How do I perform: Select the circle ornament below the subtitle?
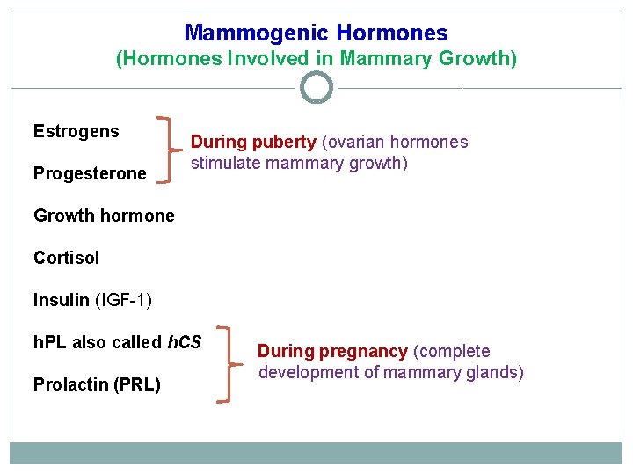tap(316, 87)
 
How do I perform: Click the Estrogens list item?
tap(76, 132)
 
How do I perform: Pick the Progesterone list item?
tap(90, 173)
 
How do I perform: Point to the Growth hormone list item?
tap(104, 216)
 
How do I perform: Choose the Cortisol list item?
tap(66, 258)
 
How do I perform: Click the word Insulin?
tap(62, 300)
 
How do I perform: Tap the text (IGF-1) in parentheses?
tap(123, 300)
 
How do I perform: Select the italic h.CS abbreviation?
tap(184, 342)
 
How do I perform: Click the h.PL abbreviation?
tap(50, 342)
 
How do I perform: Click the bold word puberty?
tap(285, 142)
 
